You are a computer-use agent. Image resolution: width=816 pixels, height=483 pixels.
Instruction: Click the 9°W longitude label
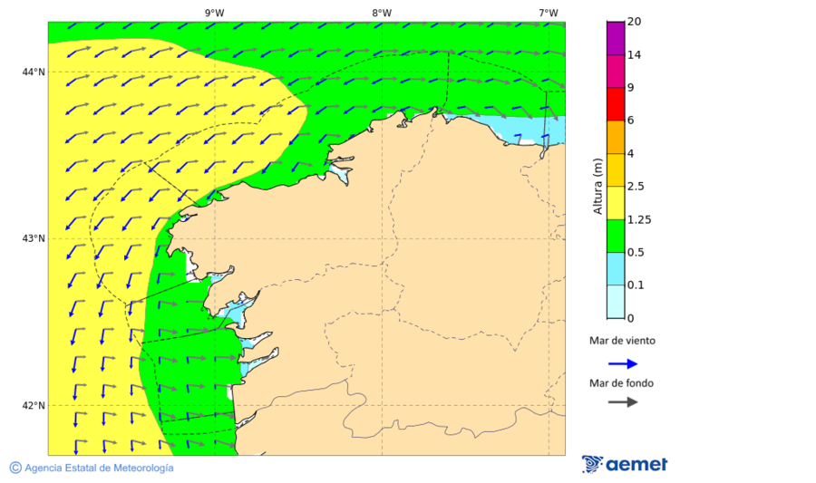coord(214,13)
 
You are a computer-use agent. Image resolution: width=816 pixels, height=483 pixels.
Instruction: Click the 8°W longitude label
coord(382,13)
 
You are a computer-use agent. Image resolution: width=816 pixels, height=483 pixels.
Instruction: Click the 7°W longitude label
coord(548,13)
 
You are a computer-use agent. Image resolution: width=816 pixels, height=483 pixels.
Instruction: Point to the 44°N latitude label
coord(34,72)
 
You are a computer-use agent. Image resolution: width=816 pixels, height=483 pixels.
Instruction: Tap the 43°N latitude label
coord(34,239)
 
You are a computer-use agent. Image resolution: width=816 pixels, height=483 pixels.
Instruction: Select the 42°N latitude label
coord(34,405)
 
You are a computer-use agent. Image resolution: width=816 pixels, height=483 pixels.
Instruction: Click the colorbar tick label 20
coord(635,22)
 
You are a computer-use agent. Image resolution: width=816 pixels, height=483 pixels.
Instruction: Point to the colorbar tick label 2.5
coord(637,187)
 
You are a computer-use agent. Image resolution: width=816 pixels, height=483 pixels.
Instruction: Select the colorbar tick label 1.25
coord(640,219)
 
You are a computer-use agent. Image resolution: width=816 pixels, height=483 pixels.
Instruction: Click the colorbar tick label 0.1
coord(637,285)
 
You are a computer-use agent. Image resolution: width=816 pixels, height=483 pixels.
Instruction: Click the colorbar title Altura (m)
coord(597,187)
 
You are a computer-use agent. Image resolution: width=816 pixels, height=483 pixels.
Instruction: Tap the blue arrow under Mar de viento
coord(622,363)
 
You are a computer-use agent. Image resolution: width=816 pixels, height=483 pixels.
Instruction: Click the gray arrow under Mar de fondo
coord(622,401)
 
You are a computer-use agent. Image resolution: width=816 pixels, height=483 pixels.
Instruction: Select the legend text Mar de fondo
coord(621,382)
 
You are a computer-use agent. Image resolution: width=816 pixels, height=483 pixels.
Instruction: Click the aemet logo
coord(625,464)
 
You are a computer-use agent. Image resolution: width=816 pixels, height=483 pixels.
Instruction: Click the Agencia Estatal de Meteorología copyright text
coord(92,468)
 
